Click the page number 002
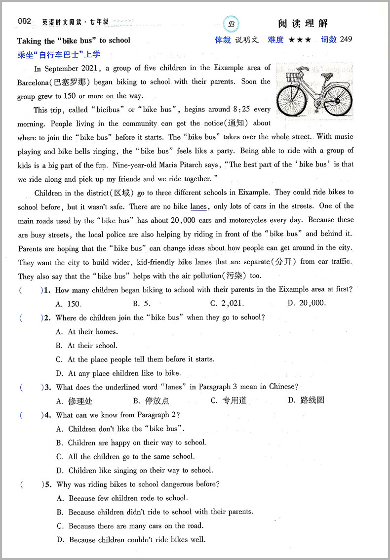[x=25, y=21]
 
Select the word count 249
[x=346, y=40]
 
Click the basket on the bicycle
[x=293, y=77]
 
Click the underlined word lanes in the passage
[x=198, y=206]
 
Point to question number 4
[x=48, y=415]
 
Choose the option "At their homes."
[x=87, y=331]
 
